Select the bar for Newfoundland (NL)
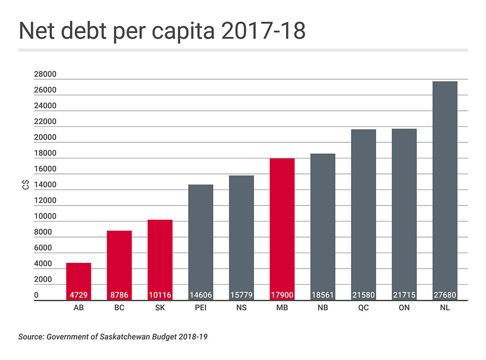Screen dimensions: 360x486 coord(445,189)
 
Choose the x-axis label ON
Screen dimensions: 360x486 coord(404,308)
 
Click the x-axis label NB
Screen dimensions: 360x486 coord(323,308)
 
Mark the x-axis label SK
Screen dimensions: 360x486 coord(160,308)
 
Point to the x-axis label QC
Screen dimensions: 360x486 coord(364,308)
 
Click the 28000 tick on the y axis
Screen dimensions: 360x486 coord(45,74)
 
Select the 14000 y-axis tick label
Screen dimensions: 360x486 coord(45,185)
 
